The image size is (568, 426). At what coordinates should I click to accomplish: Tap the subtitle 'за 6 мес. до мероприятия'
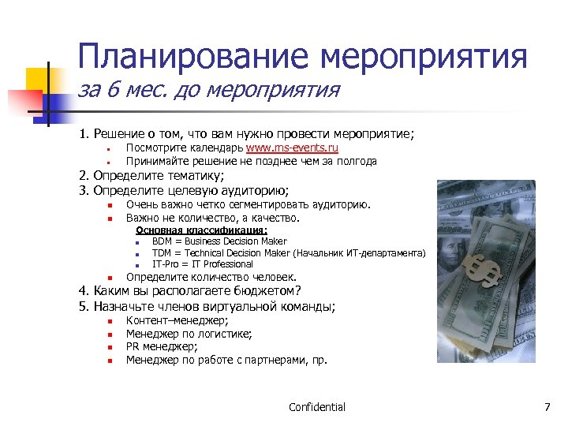pyautogui.click(x=208, y=91)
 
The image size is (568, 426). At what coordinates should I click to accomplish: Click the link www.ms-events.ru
pyautogui.click(x=292, y=148)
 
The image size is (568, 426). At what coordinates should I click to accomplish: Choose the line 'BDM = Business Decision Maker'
pyautogui.click(x=219, y=241)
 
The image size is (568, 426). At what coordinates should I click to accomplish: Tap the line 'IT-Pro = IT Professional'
pyautogui.click(x=202, y=264)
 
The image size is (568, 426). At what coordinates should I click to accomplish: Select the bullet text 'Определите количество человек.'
pyautogui.click(x=211, y=277)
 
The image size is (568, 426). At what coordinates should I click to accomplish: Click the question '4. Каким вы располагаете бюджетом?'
pyautogui.click(x=190, y=291)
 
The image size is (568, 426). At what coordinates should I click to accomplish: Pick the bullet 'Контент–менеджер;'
pyautogui.click(x=177, y=320)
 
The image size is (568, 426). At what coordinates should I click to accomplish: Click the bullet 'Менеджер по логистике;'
pyautogui.click(x=189, y=334)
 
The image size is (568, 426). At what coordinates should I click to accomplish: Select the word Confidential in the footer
pyautogui.click(x=317, y=407)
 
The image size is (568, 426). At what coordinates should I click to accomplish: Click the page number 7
pyautogui.click(x=547, y=407)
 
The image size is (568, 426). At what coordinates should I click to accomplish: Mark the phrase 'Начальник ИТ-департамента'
pyautogui.click(x=359, y=253)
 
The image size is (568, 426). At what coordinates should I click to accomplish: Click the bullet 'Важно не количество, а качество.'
pyautogui.click(x=213, y=218)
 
